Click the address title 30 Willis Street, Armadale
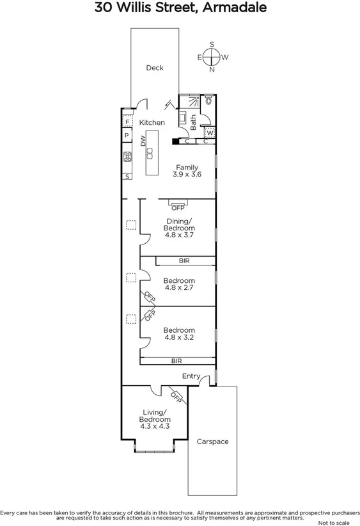[x=180, y=8]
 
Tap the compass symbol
[x=212, y=57]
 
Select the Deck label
[x=154, y=68]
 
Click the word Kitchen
[x=152, y=122]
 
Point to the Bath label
[x=194, y=123]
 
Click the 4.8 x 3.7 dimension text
[x=179, y=235]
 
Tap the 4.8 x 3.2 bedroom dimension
[x=179, y=337]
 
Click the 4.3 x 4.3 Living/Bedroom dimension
[x=155, y=426]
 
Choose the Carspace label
[x=212, y=442]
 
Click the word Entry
[x=191, y=376]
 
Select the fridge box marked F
[x=127, y=122]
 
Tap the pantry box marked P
[x=127, y=136]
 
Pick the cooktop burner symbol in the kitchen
[x=127, y=156]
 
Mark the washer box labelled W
[x=209, y=133]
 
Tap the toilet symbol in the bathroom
[x=210, y=101]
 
